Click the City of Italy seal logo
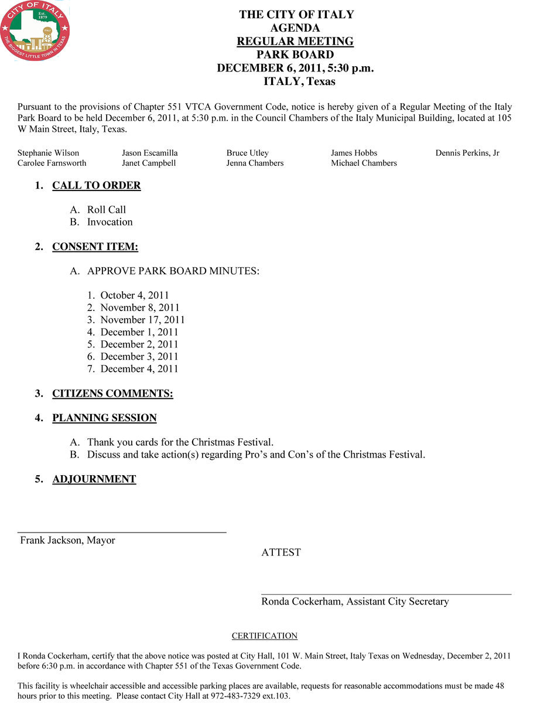(x=35, y=30)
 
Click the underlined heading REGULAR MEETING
(x=295, y=42)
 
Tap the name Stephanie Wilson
(x=48, y=153)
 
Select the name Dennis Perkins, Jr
(x=467, y=153)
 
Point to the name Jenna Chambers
(x=255, y=163)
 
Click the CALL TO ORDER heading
(x=97, y=186)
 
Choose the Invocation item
(x=110, y=222)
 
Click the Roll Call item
(x=107, y=210)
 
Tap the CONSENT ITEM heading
(x=95, y=247)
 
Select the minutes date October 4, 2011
(x=135, y=295)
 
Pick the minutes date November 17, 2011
(x=142, y=320)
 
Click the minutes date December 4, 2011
(x=139, y=369)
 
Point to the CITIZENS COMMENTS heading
(x=112, y=394)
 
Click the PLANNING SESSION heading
(x=104, y=418)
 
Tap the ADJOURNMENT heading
(x=94, y=479)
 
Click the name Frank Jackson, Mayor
(x=68, y=541)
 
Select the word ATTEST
(x=281, y=552)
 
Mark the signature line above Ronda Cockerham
(x=386, y=594)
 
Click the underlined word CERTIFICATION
(x=265, y=636)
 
